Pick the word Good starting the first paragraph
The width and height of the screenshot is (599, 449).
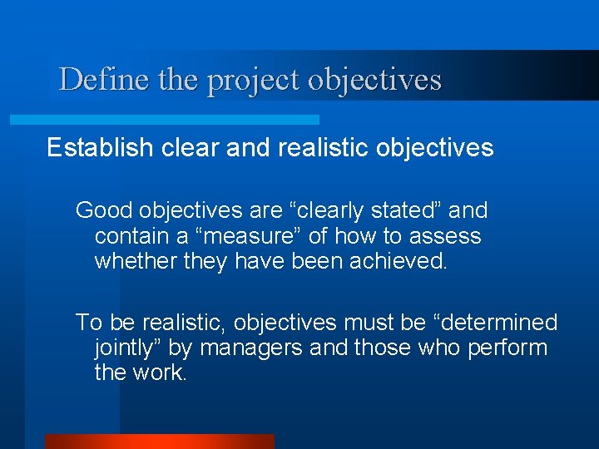coord(103,210)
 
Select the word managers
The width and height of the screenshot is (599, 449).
coord(250,348)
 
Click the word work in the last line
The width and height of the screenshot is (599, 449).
coord(162,373)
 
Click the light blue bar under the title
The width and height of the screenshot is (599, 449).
coord(164,120)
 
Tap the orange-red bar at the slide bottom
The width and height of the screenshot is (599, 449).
coord(159,442)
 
